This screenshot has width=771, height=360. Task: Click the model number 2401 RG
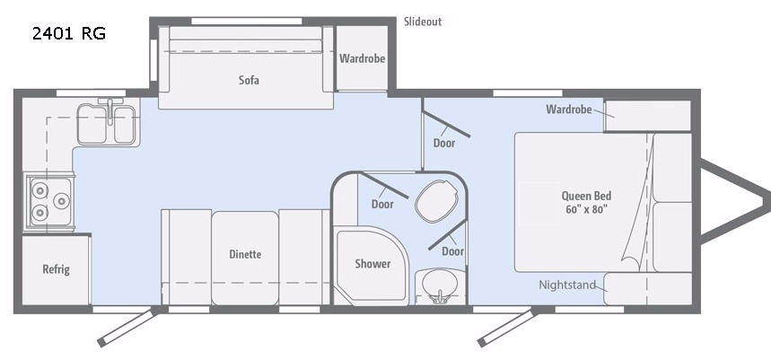click(69, 33)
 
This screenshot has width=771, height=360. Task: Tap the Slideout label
click(423, 22)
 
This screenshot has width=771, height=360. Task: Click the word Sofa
click(249, 80)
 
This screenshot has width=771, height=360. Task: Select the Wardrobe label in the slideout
click(362, 58)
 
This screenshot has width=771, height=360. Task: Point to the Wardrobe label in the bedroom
click(569, 110)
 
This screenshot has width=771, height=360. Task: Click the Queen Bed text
click(587, 196)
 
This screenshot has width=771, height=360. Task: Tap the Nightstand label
click(567, 285)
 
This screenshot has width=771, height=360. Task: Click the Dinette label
click(245, 254)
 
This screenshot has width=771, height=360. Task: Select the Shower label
click(372, 264)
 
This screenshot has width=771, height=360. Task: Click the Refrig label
click(56, 269)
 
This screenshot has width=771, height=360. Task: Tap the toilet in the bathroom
click(436, 201)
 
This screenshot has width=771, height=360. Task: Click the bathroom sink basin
click(440, 284)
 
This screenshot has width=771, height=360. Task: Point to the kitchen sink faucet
click(110, 110)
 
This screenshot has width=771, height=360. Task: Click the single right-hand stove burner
click(61, 201)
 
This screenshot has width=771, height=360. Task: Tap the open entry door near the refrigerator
click(127, 327)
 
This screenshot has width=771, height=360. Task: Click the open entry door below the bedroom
click(507, 328)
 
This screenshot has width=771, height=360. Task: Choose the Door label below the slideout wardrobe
click(444, 143)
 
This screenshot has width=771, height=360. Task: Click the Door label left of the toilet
click(382, 204)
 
